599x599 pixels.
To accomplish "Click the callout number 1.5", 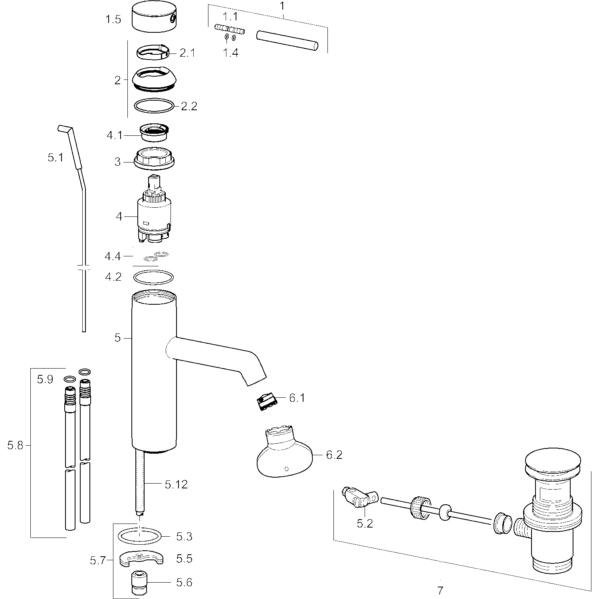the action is [x=113, y=19].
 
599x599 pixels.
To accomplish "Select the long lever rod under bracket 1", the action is [x=287, y=40].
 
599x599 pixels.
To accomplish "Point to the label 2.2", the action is [x=189, y=106].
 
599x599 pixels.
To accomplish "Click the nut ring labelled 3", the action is [x=155, y=158].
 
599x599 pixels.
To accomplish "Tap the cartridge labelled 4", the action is [x=155, y=209].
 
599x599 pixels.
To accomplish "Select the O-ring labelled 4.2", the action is [x=154, y=277].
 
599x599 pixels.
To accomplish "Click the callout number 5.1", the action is [x=56, y=158].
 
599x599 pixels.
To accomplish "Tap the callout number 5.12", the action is [x=176, y=484].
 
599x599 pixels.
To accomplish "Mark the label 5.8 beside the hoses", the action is [x=16, y=445].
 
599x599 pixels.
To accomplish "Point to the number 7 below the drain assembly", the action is [x=440, y=590].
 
